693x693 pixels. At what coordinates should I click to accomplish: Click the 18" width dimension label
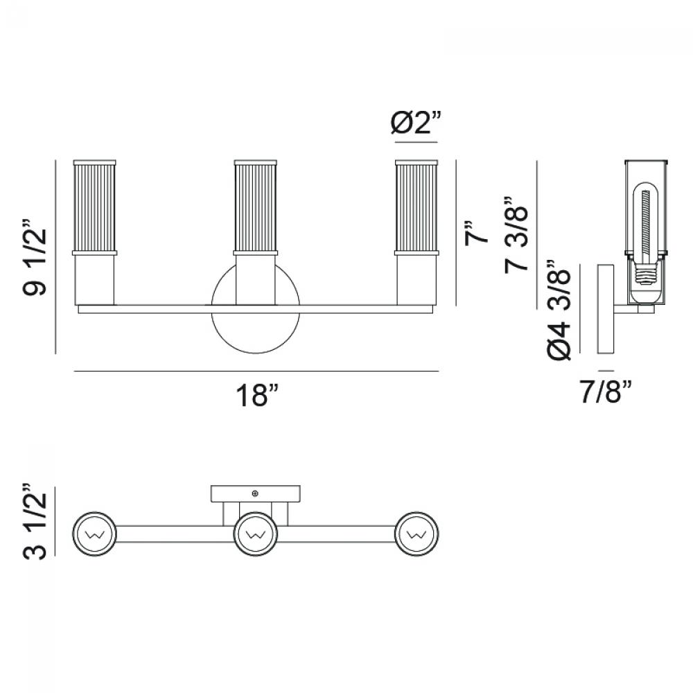258,395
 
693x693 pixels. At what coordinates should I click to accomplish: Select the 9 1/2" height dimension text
35,256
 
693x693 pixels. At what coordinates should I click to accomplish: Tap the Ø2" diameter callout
416,123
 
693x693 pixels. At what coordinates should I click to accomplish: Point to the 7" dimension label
475,232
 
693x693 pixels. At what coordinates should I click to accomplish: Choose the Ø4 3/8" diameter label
559,309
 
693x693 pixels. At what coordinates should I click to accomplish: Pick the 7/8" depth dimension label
606,391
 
